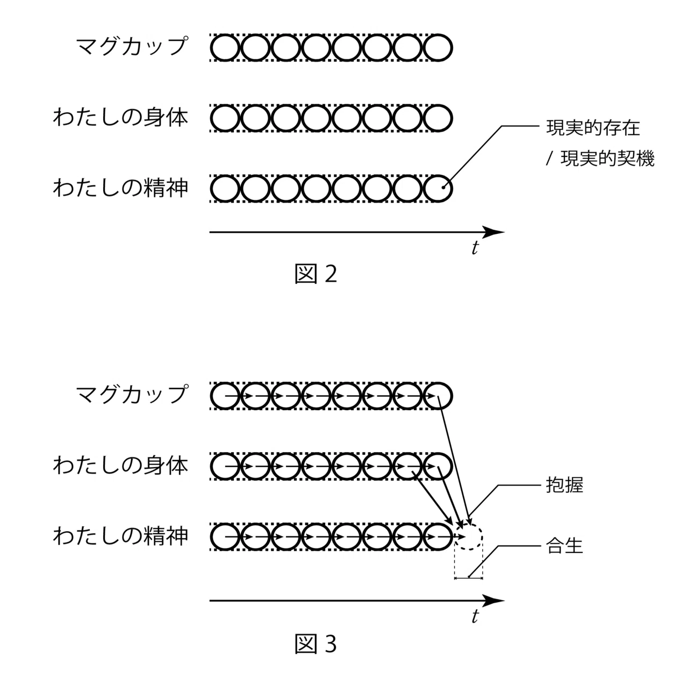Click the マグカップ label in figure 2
pyautogui.click(x=132, y=46)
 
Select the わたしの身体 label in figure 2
pyautogui.click(x=121, y=117)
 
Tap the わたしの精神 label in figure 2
pyautogui.click(x=121, y=188)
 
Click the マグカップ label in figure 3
pyautogui.click(x=132, y=395)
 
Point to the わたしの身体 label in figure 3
pyautogui.click(x=121, y=465)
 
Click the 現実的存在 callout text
pyautogui.click(x=593, y=128)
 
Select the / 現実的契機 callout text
pyautogui.click(x=600, y=159)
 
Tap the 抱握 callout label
pyautogui.click(x=564, y=485)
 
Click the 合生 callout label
pyautogui.click(x=564, y=546)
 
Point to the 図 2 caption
pyautogui.click(x=316, y=274)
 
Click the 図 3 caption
pyautogui.click(x=316, y=644)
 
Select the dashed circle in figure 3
pyautogui.click(x=468, y=523)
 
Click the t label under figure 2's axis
pyautogui.click(x=475, y=247)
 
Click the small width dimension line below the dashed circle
pyautogui.click(x=468, y=578)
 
